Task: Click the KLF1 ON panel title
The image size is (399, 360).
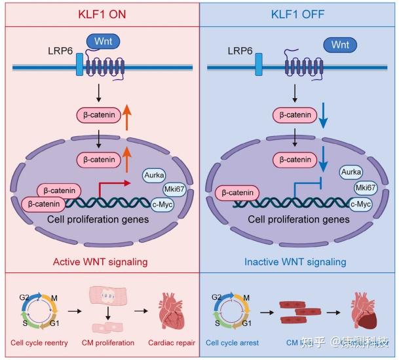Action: [100, 13]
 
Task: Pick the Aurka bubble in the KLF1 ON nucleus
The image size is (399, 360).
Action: [155, 175]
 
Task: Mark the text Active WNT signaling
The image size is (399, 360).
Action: [100, 262]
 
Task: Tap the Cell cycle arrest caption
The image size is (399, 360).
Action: [232, 342]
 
